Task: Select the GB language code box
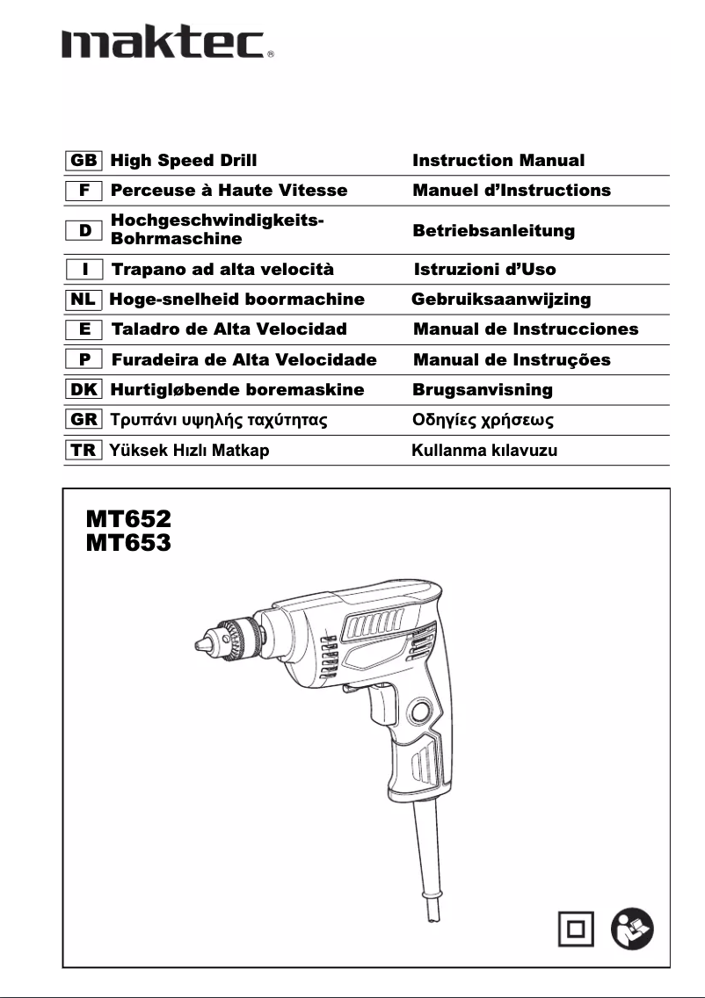coord(84,161)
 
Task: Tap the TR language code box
coord(84,451)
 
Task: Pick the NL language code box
coord(84,300)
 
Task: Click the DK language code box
coord(84,389)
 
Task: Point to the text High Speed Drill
coord(184,161)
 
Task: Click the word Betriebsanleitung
coord(493,231)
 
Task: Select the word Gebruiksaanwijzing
coord(501,300)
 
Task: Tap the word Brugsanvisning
coord(483,389)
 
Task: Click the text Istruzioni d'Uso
coord(484,270)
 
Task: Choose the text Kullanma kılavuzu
coord(484,451)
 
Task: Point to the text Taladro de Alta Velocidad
coord(229,329)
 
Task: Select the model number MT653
coord(128,544)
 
